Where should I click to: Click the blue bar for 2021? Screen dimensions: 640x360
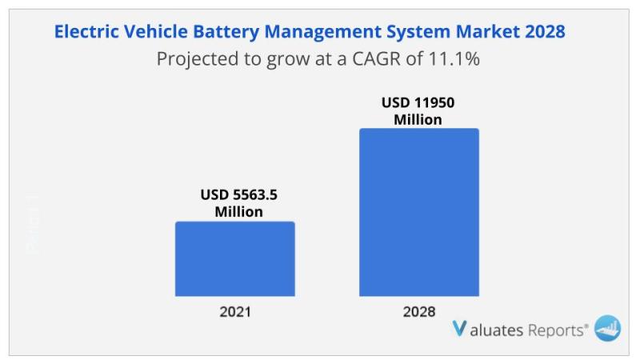(x=235, y=258)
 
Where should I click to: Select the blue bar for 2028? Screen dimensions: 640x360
(x=419, y=212)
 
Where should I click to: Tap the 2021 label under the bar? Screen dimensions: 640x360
(x=235, y=312)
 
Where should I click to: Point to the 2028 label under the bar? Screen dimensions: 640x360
(x=419, y=312)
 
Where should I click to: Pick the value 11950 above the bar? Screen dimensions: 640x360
(x=434, y=102)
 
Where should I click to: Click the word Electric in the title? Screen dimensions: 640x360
(x=86, y=31)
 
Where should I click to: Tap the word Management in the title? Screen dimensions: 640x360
(x=322, y=32)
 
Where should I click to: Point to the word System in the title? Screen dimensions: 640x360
(x=418, y=32)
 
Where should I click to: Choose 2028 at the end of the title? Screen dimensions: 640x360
(x=545, y=31)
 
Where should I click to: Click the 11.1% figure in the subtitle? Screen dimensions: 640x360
(x=454, y=58)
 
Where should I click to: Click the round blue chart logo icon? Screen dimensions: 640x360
(x=607, y=328)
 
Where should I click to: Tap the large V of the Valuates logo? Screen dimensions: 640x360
(x=459, y=329)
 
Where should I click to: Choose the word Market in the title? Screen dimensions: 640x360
(x=488, y=31)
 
